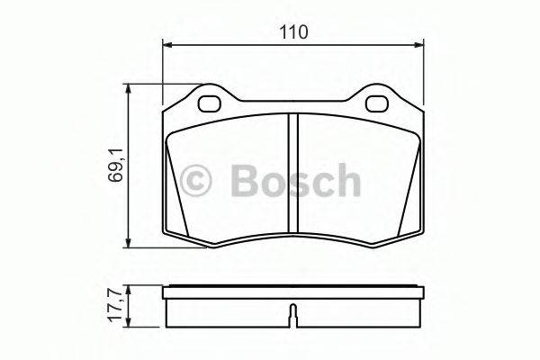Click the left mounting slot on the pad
pos(213,103)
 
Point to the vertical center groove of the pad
pos(292,175)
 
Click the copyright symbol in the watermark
pos(197,181)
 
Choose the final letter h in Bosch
pos(346,180)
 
